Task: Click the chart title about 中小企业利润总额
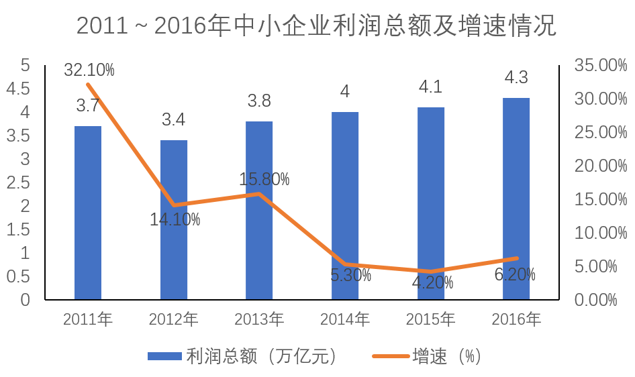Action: [x=317, y=26]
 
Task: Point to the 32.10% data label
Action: [x=89, y=70]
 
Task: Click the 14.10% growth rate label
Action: [x=175, y=219]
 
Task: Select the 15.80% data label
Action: [x=264, y=179]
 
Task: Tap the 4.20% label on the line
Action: [x=432, y=282]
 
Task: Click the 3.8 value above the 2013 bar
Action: [x=259, y=101]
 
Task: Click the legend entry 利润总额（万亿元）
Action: [x=242, y=356]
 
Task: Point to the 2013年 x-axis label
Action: [x=259, y=319]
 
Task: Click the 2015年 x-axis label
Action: [x=430, y=319]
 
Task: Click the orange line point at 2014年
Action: [x=344, y=264]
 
